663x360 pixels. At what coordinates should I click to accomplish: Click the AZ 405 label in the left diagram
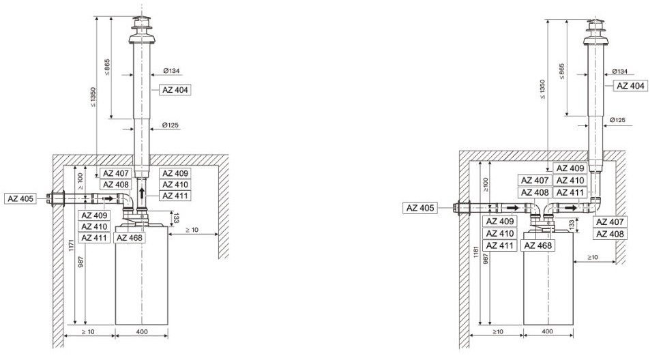click(x=20, y=198)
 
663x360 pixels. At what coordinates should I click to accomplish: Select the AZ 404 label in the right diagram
click(x=630, y=86)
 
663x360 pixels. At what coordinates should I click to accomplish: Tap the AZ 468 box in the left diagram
click(x=130, y=238)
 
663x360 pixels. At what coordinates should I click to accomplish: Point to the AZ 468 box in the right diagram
click(x=538, y=245)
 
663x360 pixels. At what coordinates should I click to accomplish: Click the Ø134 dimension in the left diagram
click(x=172, y=71)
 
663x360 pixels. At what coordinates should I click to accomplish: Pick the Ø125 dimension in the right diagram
click(x=617, y=120)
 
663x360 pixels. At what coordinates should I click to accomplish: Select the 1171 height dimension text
click(x=72, y=247)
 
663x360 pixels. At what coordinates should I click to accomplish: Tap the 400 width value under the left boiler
click(x=142, y=331)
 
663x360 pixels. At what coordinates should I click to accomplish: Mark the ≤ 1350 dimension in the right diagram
click(x=542, y=89)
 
